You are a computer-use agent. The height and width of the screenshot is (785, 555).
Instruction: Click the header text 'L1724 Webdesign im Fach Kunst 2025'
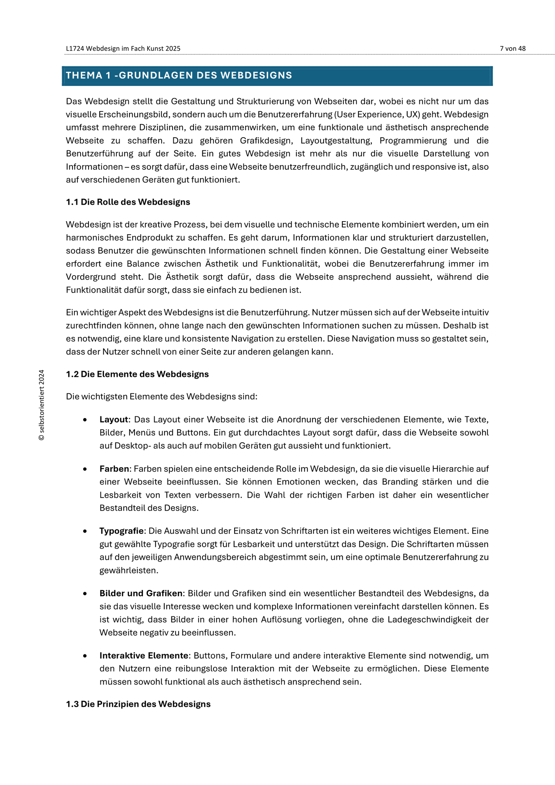coord(123,48)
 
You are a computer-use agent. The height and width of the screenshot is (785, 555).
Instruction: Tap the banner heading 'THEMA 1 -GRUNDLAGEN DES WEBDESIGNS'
coord(179,76)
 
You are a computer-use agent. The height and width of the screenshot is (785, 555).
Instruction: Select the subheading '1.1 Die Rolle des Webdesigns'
coord(128,202)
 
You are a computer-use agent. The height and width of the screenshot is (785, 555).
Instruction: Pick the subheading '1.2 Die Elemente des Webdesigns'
coord(137,374)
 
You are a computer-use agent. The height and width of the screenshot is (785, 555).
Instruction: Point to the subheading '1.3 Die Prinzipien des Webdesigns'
coord(138,704)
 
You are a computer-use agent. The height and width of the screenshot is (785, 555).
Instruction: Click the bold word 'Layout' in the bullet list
coord(113,420)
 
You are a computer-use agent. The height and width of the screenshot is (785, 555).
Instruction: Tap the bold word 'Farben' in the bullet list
coord(114,469)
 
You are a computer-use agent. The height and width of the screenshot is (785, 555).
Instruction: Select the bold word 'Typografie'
coord(122,531)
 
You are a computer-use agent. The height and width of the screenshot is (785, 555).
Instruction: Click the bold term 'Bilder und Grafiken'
coord(141,593)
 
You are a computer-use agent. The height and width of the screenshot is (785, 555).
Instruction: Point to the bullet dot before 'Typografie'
coord(85,531)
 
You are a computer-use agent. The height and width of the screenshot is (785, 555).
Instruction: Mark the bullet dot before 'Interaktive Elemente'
coord(85,656)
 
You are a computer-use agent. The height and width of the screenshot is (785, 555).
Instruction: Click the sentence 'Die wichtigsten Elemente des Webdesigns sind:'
coord(161,396)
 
